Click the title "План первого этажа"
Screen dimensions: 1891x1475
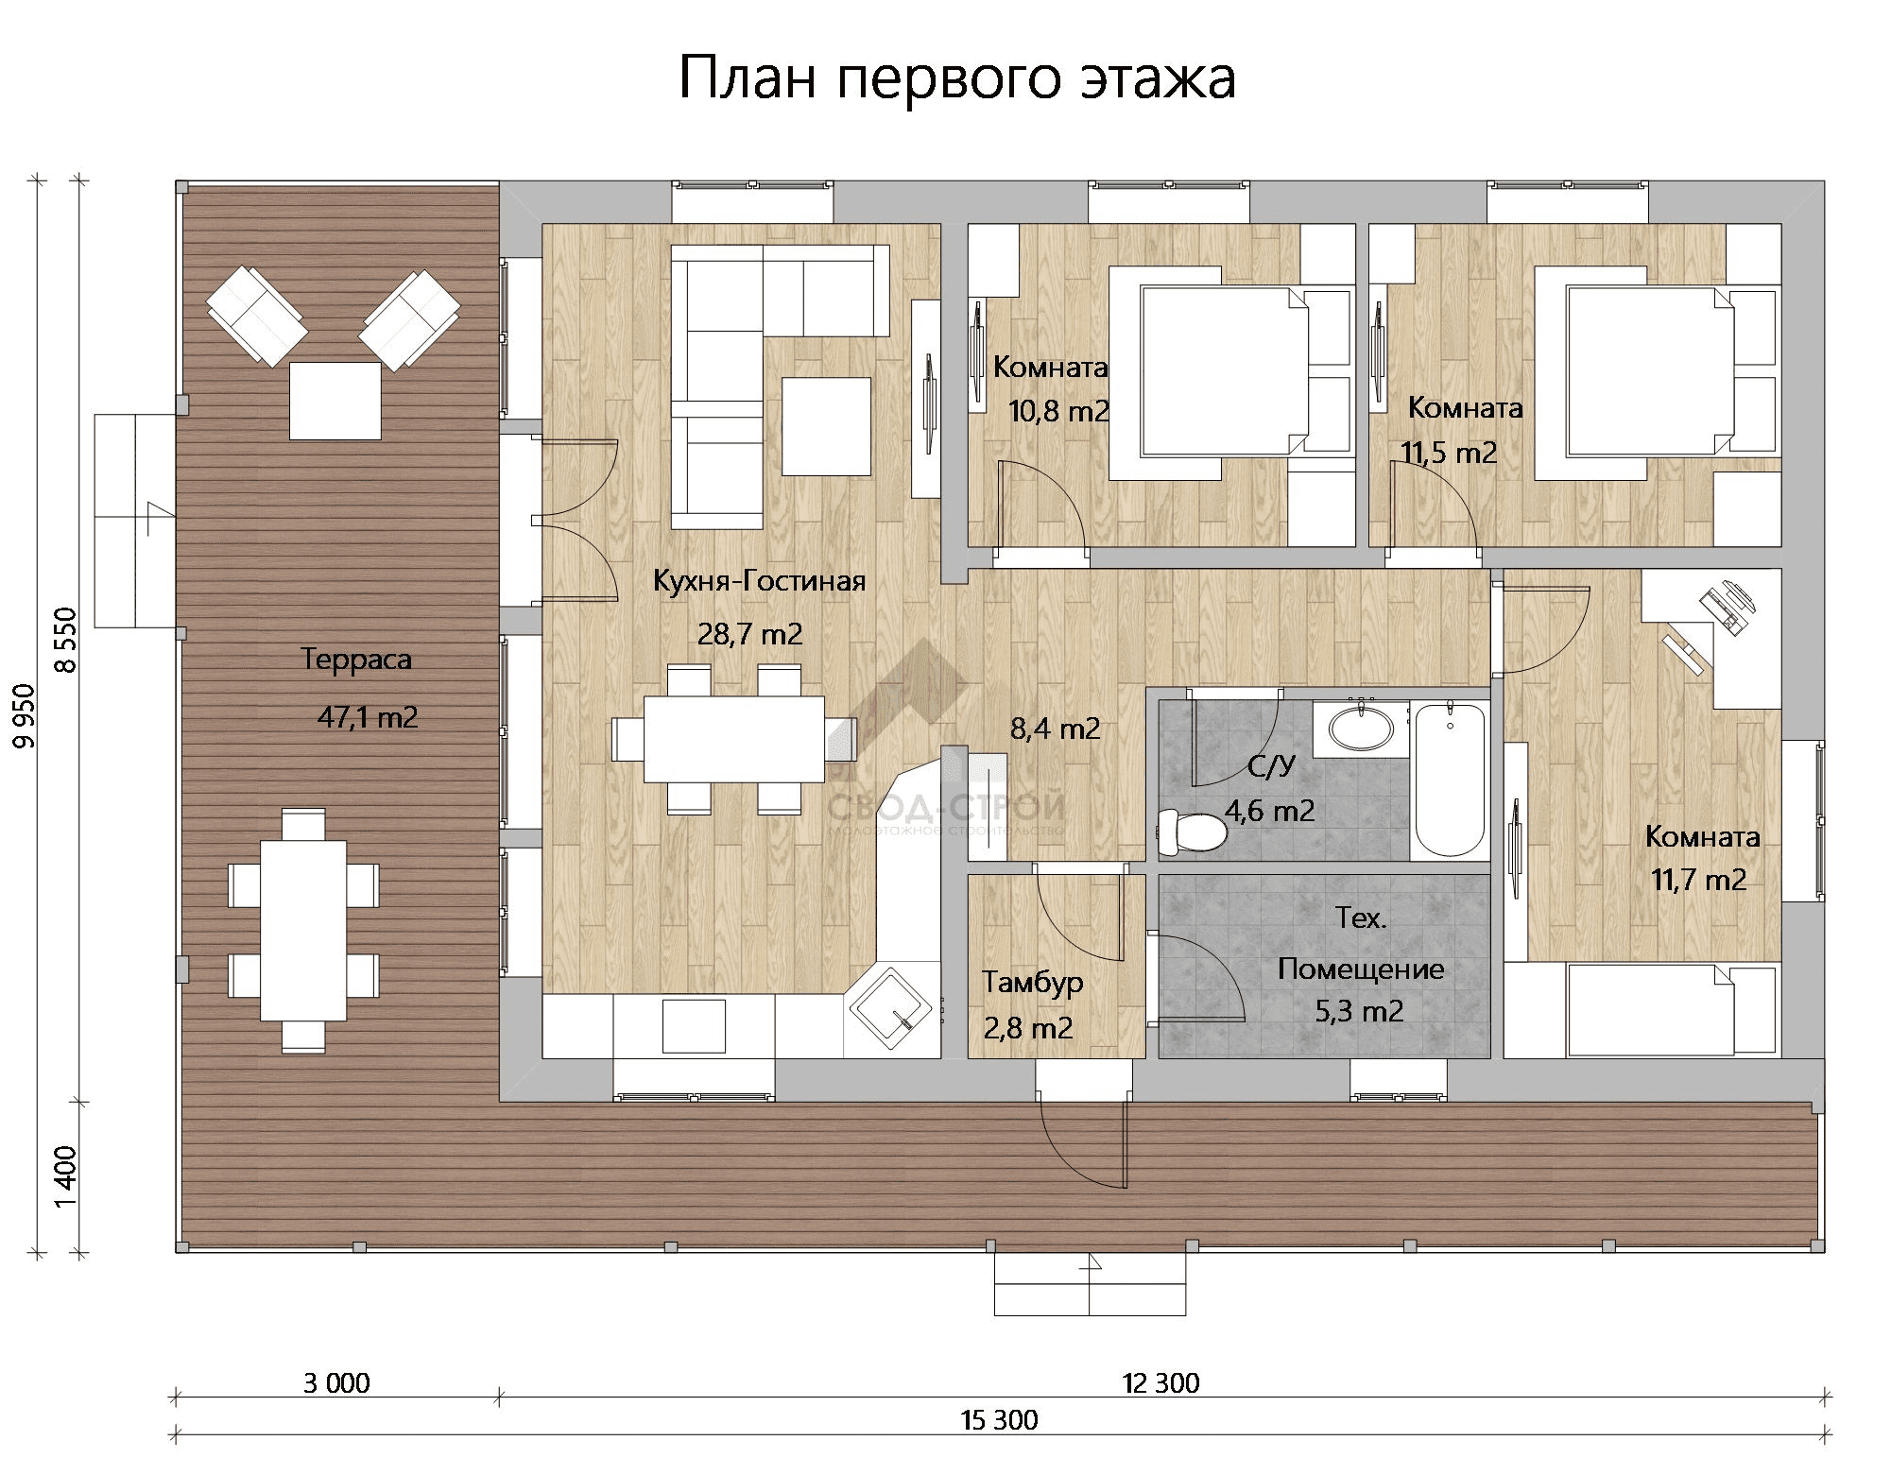[957, 77]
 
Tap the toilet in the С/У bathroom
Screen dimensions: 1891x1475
[1192, 832]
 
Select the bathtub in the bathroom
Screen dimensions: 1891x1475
[1449, 780]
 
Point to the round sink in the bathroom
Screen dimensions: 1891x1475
[1361, 729]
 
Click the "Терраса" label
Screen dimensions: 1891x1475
[356, 659]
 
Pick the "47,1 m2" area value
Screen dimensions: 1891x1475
[368, 717]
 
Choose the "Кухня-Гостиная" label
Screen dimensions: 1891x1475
[759, 580]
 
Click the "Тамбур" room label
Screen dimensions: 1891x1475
[1032, 983]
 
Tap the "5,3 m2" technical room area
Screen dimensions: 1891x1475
[1359, 1012]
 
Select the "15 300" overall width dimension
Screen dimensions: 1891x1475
[999, 1420]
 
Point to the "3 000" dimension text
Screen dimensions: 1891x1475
[336, 1383]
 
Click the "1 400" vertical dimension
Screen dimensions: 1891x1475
[65, 1176]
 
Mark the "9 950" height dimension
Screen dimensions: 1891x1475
[25, 715]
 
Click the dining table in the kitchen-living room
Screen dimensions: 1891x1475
[733, 739]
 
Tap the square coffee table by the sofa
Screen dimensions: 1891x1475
[826, 426]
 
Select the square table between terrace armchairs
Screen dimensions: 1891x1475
[335, 401]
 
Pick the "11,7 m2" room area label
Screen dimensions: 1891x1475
[1698, 881]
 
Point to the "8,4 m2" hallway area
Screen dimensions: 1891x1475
[1055, 729]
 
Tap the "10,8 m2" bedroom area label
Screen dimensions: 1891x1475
[1059, 411]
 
